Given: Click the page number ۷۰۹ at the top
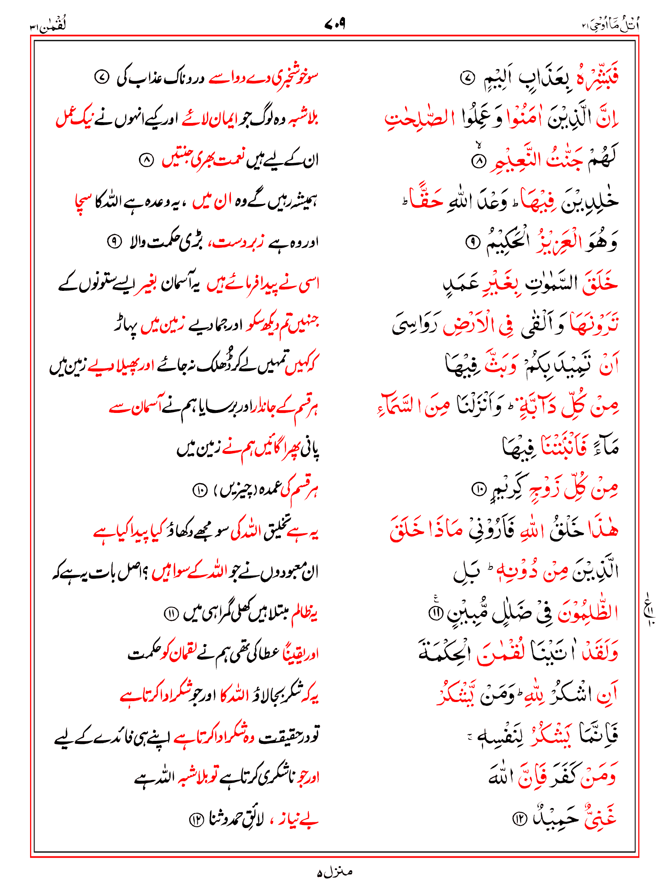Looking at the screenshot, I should click(x=334, y=24).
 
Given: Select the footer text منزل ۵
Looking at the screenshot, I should click(x=334, y=872).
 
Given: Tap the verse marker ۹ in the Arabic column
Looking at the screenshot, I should click(x=471, y=242).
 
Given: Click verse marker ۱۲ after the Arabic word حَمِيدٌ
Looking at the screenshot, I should click(x=519, y=819).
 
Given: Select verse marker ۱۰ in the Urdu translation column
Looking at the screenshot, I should click(x=199, y=490).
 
